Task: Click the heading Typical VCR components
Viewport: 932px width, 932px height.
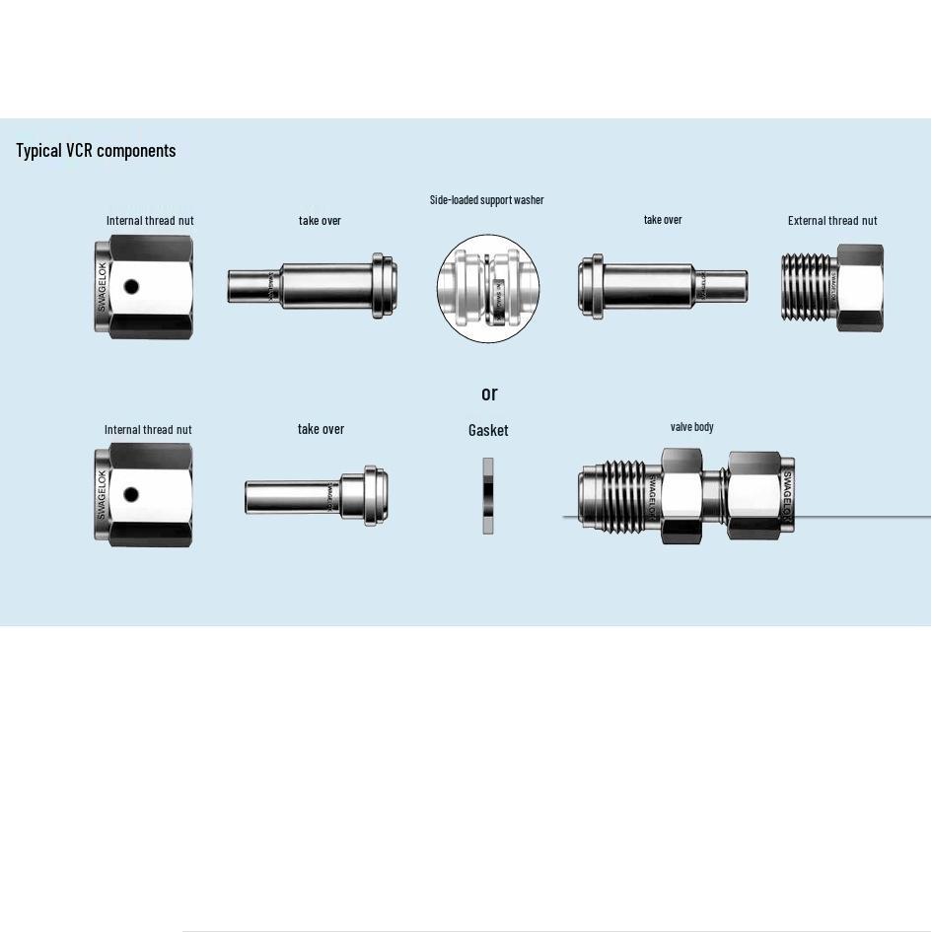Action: coord(96,150)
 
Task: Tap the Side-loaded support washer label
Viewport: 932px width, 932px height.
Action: coord(486,200)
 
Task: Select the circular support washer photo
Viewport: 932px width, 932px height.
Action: coord(488,289)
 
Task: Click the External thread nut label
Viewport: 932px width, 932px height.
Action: coord(832,221)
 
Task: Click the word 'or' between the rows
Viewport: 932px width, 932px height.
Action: coord(489,394)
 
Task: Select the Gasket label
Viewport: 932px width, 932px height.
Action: coord(488,430)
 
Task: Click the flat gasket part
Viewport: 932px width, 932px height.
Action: coord(487,496)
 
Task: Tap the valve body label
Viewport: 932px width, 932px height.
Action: coord(691,427)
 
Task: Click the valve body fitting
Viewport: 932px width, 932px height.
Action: coord(686,495)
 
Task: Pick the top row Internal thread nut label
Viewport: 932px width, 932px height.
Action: coord(150,221)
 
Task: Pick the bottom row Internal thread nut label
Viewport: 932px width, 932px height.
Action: coord(148,430)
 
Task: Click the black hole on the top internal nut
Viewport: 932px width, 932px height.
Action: coord(131,288)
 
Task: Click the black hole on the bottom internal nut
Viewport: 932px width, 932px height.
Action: coord(131,495)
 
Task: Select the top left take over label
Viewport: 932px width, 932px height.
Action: coord(320,221)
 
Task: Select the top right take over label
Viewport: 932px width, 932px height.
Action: coord(663,220)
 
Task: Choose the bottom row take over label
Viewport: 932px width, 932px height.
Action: coord(321,429)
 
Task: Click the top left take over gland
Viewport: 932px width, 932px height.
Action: coord(312,286)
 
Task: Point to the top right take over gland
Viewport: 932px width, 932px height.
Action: coord(662,287)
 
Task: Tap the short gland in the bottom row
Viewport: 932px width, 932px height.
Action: coord(316,496)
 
